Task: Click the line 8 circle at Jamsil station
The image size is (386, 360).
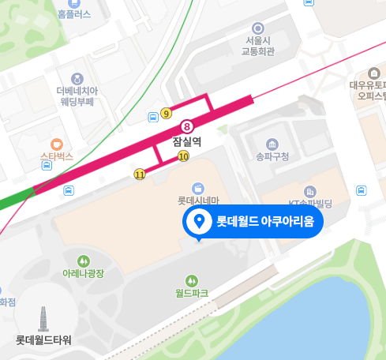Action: pyautogui.click(x=187, y=126)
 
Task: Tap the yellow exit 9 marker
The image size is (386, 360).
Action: pyautogui.click(x=166, y=114)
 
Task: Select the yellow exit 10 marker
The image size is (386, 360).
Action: pyautogui.click(x=184, y=156)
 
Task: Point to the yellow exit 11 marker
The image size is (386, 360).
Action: pyautogui.click(x=140, y=174)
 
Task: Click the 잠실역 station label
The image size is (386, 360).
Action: pyautogui.click(x=187, y=141)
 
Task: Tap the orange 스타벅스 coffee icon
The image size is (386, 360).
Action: pyautogui.click(x=56, y=144)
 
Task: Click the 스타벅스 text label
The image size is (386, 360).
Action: pyautogui.click(x=56, y=157)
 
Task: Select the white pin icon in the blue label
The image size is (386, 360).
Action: pyautogui.click(x=199, y=221)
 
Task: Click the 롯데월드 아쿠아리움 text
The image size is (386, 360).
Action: pyautogui.click(x=265, y=222)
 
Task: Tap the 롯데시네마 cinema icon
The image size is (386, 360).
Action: pyautogui.click(x=197, y=187)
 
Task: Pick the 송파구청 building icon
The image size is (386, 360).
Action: pyautogui.click(x=272, y=144)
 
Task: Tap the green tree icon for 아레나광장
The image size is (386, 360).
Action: pyautogui.click(x=84, y=261)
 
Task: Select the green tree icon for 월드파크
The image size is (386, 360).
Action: pyautogui.click(x=191, y=280)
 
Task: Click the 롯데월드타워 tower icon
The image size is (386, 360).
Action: pyautogui.click(x=43, y=319)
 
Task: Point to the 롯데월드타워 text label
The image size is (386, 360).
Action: pyautogui.click(x=43, y=340)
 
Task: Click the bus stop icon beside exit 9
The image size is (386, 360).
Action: pyautogui.click(x=152, y=118)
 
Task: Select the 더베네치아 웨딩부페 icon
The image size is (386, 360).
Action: pyautogui.click(x=76, y=78)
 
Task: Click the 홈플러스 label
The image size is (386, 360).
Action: pyautogui.click(x=74, y=13)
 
